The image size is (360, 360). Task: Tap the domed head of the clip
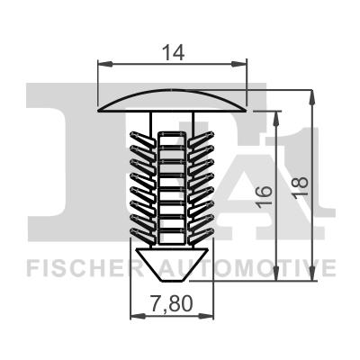tap(172, 99)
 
